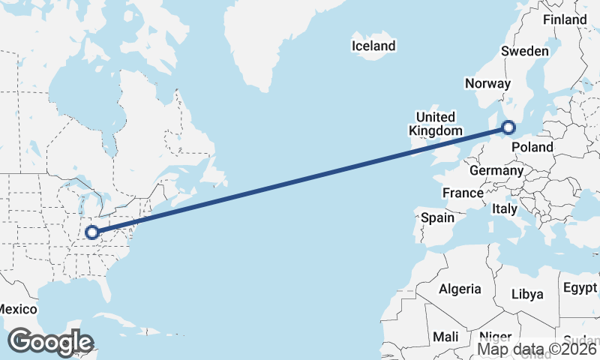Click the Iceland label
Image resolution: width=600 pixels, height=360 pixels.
[373, 46]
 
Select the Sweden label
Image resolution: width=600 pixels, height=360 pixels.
[525, 52]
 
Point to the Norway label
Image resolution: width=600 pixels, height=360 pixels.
[487, 84]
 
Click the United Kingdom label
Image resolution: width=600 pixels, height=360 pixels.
[435, 124]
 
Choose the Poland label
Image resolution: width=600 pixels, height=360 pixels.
[532, 147]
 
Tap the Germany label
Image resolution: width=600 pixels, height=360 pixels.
[496, 171]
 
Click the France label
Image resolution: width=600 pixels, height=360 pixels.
[463, 193]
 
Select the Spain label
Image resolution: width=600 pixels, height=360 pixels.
[438, 218]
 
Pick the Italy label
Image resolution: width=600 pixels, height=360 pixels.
[505, 209]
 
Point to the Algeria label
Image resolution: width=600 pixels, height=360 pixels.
[460, 289]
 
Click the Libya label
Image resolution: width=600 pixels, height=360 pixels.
[527, 295]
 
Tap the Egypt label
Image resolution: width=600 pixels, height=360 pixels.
[580, 288]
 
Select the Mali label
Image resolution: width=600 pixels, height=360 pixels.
[445, 337]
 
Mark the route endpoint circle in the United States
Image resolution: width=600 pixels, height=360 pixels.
[91, 232]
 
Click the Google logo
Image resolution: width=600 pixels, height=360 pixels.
[50, 342]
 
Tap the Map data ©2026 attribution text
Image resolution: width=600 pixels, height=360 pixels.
[538, 349]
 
